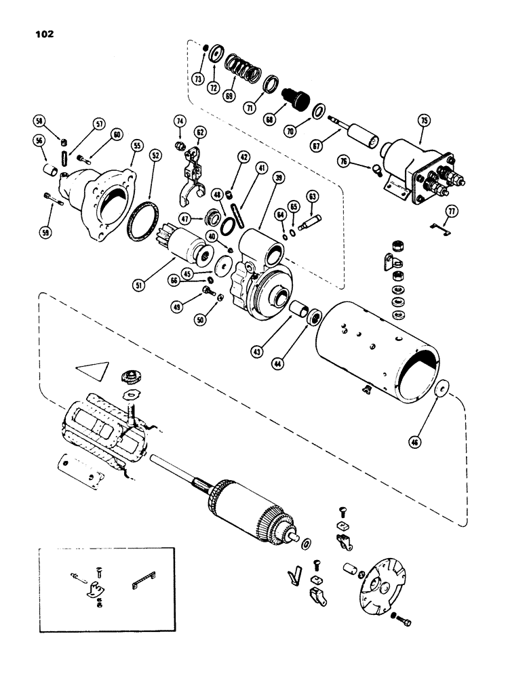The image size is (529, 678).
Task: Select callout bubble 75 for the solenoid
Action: [x=424, y=121]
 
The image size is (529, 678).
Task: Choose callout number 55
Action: [x=138, y=146]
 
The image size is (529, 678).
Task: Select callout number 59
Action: [x=46, y=220]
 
